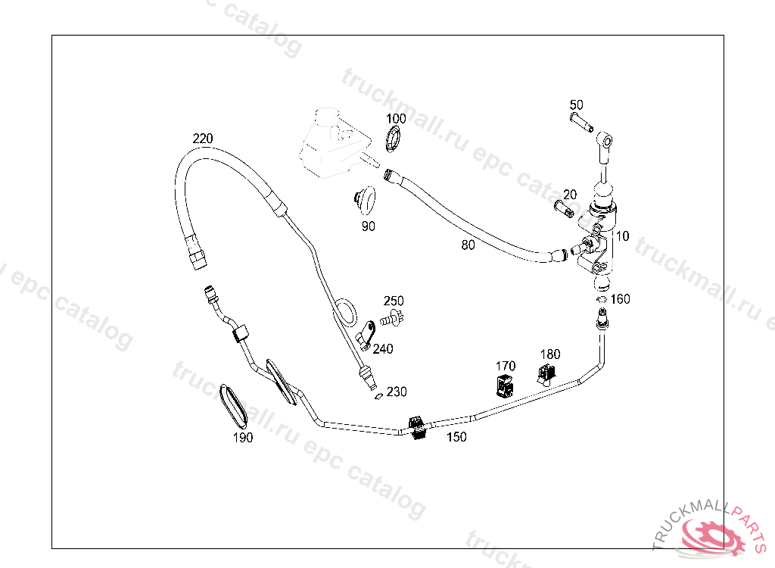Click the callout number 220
click(x=202, y=139)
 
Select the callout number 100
click(x=396, y=119)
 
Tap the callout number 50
click(x=576, y=105)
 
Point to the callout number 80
click(x=468, y=244)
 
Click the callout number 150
click(x=456, y=437)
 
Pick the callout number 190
click(x=243, y=437)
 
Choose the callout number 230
click(x=397, y=392)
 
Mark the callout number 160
click(x=621, y=299)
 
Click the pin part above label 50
click(x=580, y=122)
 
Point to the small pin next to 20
click(x=565, y=208)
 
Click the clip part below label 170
click(x=505, y=386)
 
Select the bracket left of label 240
click(x=366, y=334)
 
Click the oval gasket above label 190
click(x=233, y=406)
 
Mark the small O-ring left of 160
click(x=601, y=300)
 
